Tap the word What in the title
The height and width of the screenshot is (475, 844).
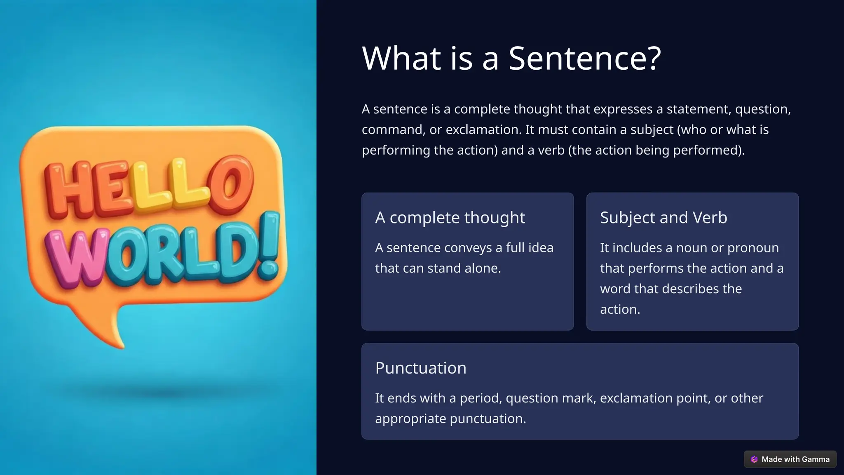pyautogui.click(x=402, y=58)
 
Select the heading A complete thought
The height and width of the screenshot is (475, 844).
pyautogui.click(x=450, y=217)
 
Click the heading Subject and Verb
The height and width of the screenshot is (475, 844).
pyautogui.click(x=663, y=217)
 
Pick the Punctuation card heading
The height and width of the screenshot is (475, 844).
pyautogui.click(x=421, y=368)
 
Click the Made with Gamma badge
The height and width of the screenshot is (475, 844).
pyautogui.click(x=790, y=459)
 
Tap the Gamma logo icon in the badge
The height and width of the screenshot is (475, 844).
pyautogui.click(x=754, y=459)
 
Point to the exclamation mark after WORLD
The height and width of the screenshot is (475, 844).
pyautogui.click(x=270, y=245)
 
